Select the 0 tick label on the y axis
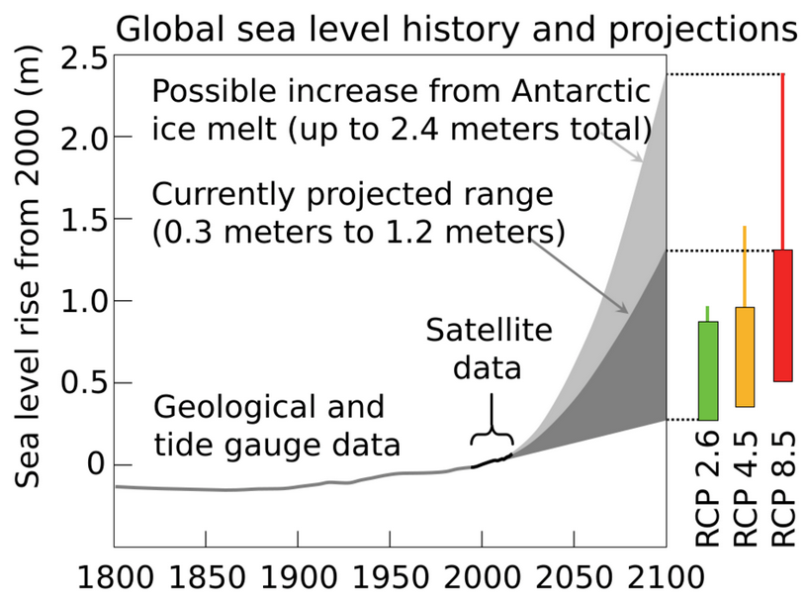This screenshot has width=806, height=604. click(96, 464)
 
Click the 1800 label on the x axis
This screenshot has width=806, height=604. click(114, 575)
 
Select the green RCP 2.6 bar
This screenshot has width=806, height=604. click(707, 370)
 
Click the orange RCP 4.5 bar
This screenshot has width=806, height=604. click(745, 356)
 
